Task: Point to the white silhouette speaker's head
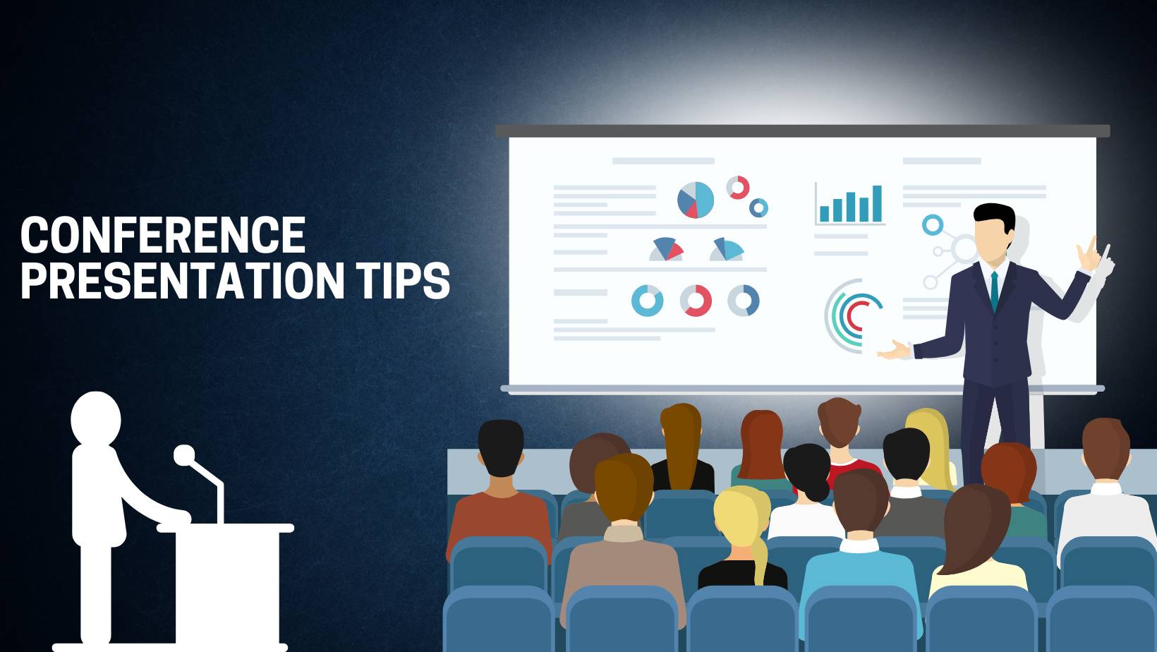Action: click(96, 418)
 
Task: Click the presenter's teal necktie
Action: click(994, 289)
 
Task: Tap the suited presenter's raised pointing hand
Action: click(1092, 254)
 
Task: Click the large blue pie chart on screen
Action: click(696, 200)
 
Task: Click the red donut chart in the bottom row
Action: click(696, 301)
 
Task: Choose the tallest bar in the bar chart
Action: click(877, 204)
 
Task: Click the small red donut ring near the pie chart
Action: click(738, 187)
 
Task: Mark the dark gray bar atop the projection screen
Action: click(802, 131)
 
